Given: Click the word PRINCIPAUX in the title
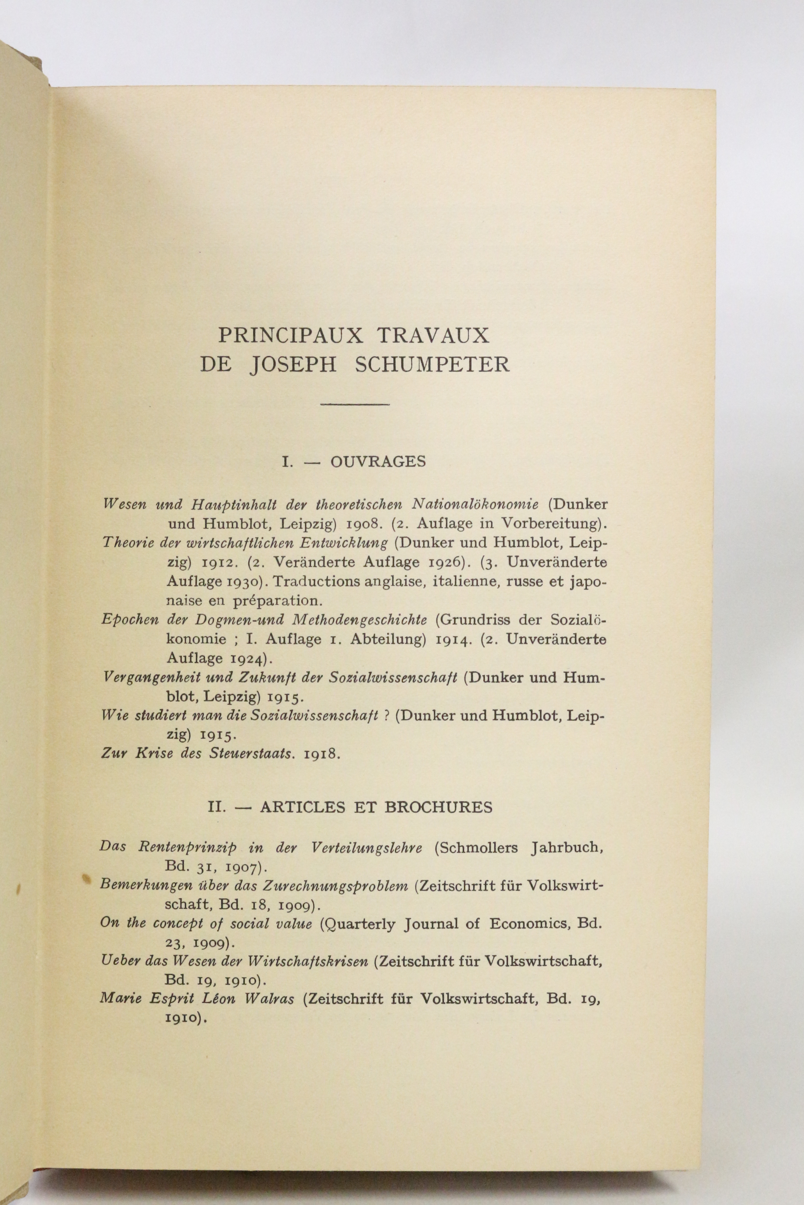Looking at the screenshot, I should (x=290, y=336).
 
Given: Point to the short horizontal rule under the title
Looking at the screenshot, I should (x=355, y=405).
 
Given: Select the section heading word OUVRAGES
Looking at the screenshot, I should (x=378, y=462).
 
